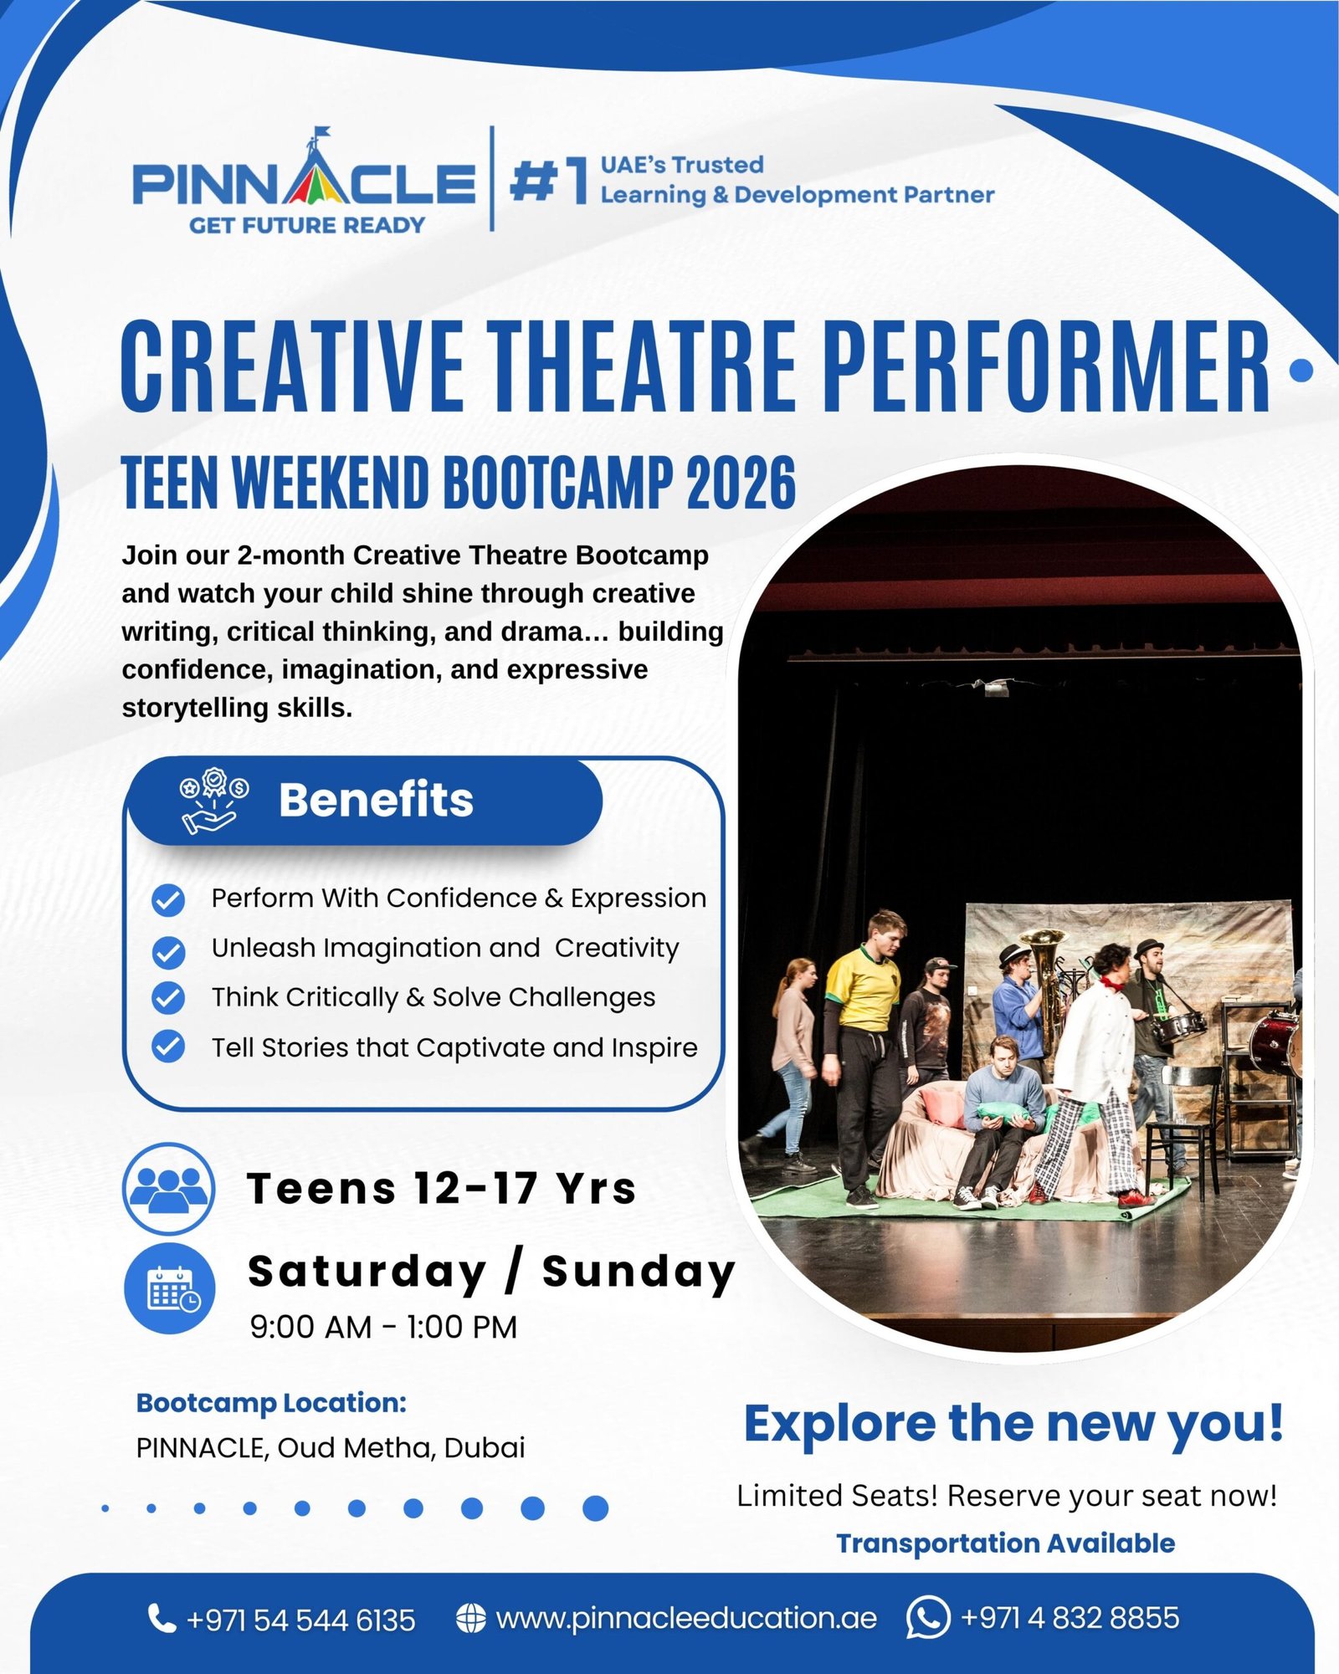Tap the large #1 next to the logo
[x=549, y=180]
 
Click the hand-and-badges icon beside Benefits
[x=213, y=801]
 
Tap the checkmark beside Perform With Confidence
[x=168, y=900]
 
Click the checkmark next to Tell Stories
[x=168, y=1047]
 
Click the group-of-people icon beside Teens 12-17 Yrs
[x=169, y=1188]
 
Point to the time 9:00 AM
[x=310, y=1328]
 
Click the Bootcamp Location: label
[x=271, y=1403]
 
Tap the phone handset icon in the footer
[x=161, y=1617]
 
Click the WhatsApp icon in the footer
[x=927, y=1617]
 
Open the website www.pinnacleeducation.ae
[x=685, y=1618]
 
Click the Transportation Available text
[x=1005, y=1543]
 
